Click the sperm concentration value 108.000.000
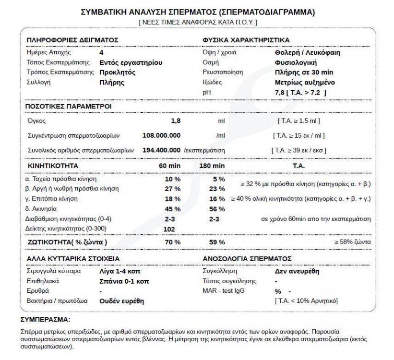tap(162, 135)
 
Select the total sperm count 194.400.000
tap(162, 150)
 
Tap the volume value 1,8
tap(176, 121)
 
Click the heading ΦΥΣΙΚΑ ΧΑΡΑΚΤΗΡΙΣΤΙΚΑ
tap(246, 39)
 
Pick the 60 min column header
tap(169, 166)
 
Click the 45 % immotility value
tap(173, 209)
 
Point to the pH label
tap(207, 92)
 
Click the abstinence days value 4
tap(101, 52)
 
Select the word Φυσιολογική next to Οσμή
tap(294, 62)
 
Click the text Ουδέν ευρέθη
tap(121, 301)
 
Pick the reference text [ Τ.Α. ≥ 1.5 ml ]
tap(298, 121)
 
